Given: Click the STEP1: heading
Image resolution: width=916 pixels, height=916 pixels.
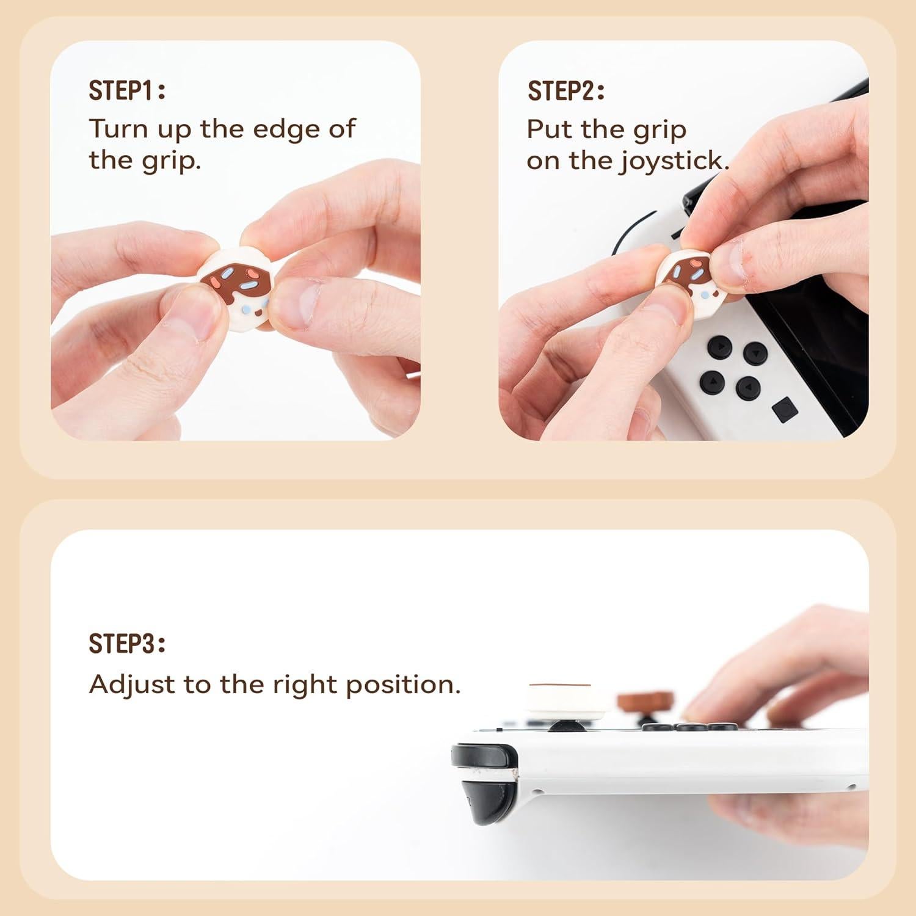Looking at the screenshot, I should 127,90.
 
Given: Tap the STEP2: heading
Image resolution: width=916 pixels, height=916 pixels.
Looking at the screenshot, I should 566,91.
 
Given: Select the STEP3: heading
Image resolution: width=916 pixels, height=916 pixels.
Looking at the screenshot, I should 127,644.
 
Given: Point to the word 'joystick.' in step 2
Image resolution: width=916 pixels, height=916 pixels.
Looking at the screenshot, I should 677,161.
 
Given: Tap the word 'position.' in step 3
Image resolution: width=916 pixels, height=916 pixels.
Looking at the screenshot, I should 403,685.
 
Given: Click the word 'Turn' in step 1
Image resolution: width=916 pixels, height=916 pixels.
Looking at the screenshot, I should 118,129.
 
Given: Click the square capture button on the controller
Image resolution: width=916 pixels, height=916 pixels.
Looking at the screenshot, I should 784,409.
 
